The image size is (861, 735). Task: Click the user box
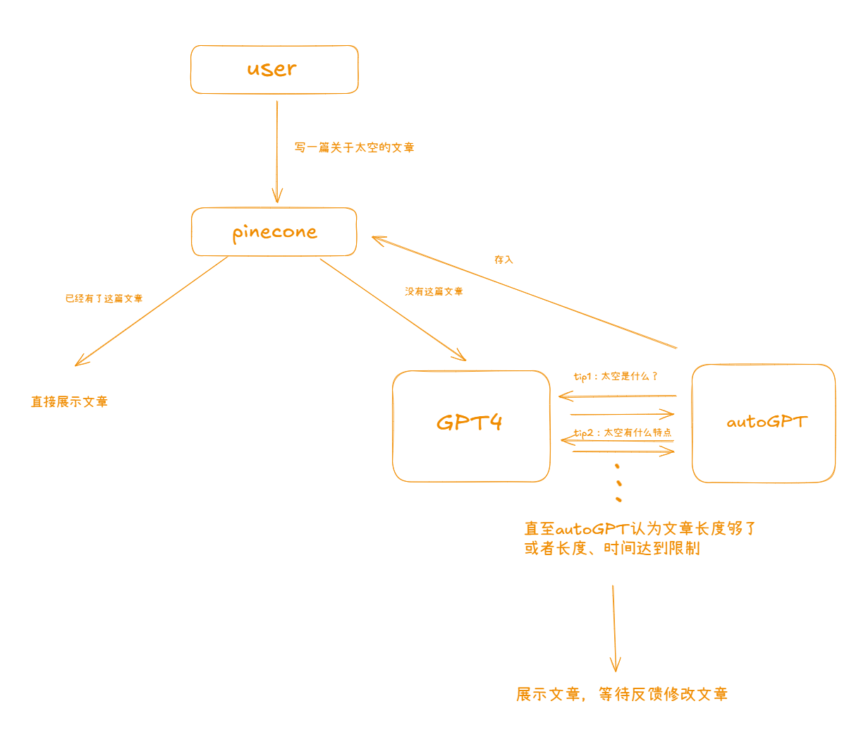coord(274,69)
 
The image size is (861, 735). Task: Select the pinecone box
coord(274,231)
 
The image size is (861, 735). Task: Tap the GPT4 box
coord(470,426)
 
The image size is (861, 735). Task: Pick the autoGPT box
coord(764,423)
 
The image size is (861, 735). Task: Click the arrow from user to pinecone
coord(277,152)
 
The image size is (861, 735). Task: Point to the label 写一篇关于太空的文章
coord(354,147)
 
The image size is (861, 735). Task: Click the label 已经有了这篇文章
coord(104,298)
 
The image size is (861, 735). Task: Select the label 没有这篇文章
coord(434,291)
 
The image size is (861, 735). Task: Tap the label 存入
coord(503,260)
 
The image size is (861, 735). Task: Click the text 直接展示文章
coord(69,401)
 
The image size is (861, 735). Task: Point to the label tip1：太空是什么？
coord(616,376)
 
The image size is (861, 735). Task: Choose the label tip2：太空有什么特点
coord(623,432)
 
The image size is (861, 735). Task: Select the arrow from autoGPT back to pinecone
coord(524,292)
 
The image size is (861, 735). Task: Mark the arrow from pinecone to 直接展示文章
coord(152,311)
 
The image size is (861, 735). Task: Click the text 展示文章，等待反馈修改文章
coord(621,694)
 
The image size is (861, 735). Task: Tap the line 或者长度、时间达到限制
coord(612,548)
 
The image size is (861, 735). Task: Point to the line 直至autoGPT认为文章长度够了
coord(640,528)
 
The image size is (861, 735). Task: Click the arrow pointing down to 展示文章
coord(614,628)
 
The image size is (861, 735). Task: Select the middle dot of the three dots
coord(619,483)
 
